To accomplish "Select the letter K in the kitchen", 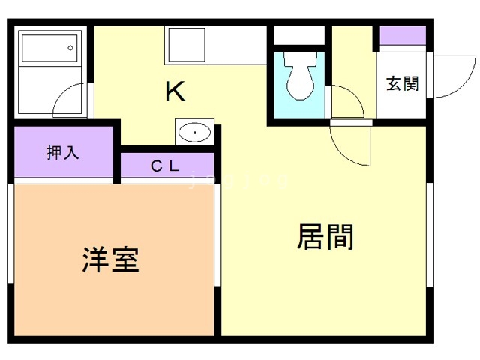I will [175, 91].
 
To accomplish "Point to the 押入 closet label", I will [62, 153].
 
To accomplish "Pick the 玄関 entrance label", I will [402, 84].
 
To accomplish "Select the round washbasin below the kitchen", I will [195, 133].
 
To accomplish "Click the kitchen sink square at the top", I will [186, 45].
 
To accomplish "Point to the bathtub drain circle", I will [70, 48].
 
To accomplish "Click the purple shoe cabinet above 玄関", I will [403, 36].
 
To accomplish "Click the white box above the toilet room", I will [299, 35].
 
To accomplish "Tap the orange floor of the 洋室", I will [112, 300].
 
